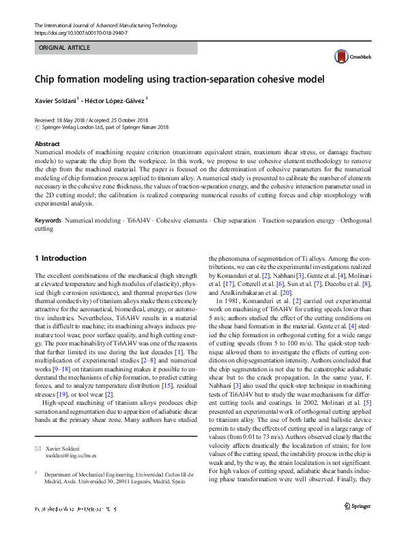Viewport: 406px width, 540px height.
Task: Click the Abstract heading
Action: pos(47,144)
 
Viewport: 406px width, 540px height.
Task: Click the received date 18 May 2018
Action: pos(74,119)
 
